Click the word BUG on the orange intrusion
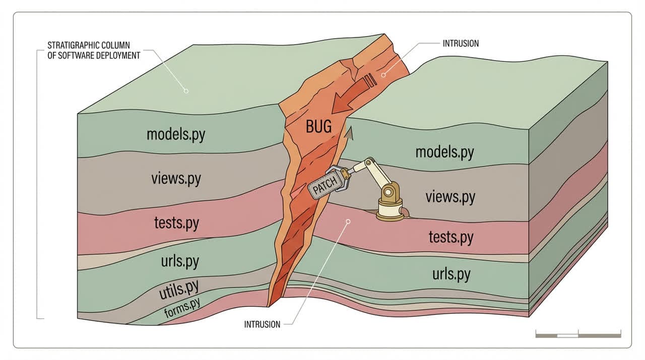[x=318, y=126]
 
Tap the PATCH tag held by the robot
[x=325, y=188]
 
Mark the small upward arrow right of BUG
[x=348, y=133]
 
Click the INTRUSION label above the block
[x=461, y=43]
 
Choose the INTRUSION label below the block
[x=262, y=324]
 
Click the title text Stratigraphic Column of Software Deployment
[x=94, y=50]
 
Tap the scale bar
[x=578, y=334]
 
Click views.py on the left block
[x=175, y=178]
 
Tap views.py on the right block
[x=450, y=196]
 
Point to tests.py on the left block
[x=175, y=222]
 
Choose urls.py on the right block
[x=451, y=274]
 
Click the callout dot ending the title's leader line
[x=186, y=91]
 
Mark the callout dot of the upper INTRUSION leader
[x=383, y=75]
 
